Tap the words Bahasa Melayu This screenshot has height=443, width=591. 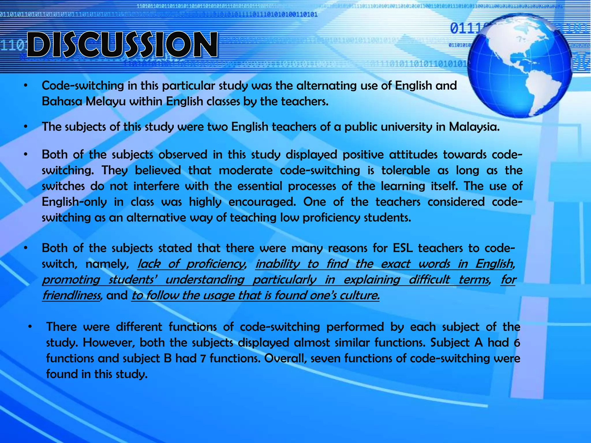[83, 101]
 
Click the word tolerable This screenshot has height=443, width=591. [405, 170]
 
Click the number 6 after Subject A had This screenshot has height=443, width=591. [517, 343]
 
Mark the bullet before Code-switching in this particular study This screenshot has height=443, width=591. [26, 86]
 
